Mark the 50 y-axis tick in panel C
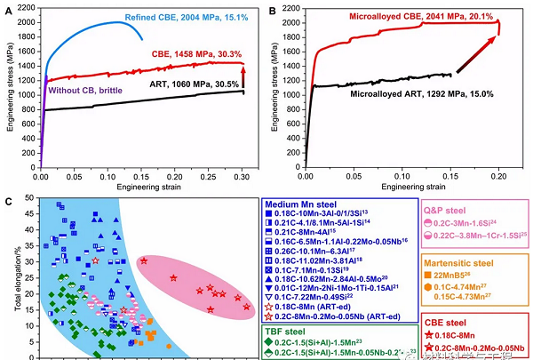click(30, 198)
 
